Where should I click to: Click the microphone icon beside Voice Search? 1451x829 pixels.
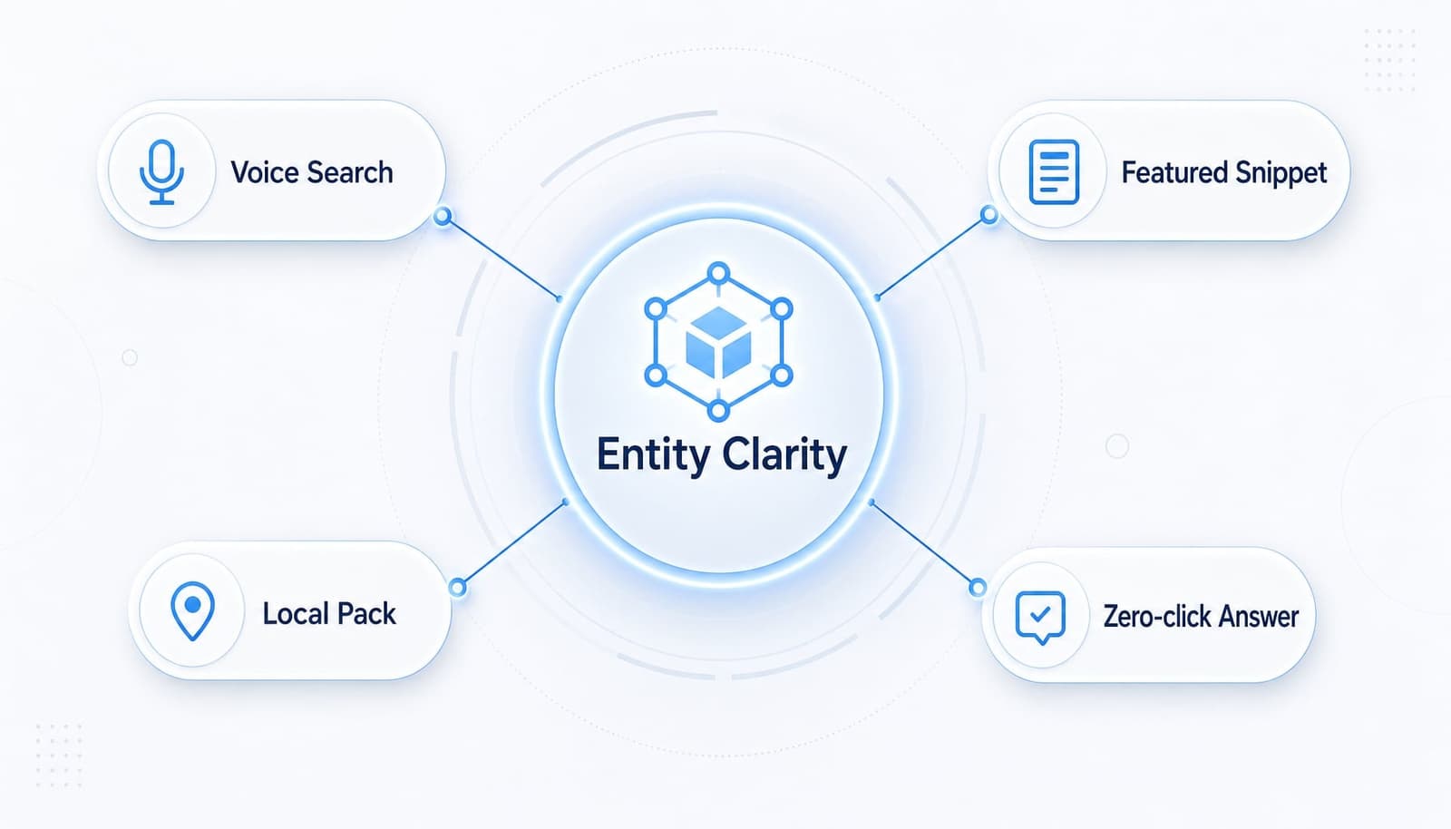point(161,172)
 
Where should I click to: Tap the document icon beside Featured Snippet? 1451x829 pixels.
point(1054,172)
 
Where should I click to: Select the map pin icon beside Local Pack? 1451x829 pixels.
point(192,611)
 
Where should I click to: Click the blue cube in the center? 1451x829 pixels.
point(718,343)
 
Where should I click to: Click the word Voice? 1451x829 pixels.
point(265,173)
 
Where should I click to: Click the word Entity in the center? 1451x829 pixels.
point(653,455)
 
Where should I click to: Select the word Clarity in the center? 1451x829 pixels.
point(784,455)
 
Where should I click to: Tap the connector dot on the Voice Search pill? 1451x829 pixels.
point(443,216)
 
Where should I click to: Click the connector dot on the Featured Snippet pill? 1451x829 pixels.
point(989,214)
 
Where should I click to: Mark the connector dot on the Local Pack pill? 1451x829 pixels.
point(457,588)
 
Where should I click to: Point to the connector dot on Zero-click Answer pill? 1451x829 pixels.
point(978,588)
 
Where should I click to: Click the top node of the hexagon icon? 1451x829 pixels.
point(718,273)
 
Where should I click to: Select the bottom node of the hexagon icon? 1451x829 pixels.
point(718,411)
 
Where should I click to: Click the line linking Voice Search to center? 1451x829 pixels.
point(502,258)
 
